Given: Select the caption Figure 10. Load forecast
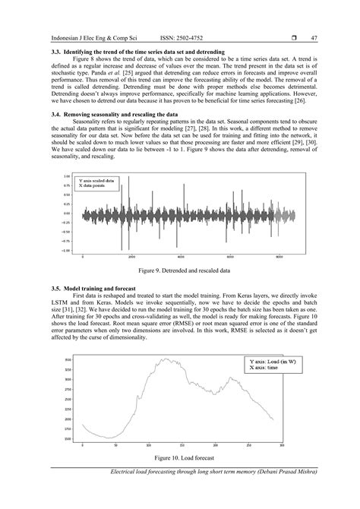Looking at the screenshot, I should click(179, 459).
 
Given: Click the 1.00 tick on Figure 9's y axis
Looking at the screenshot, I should click(68, 175).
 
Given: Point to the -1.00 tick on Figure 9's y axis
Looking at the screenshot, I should click(67, 250).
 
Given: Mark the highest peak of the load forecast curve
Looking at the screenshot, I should click(163, 358).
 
